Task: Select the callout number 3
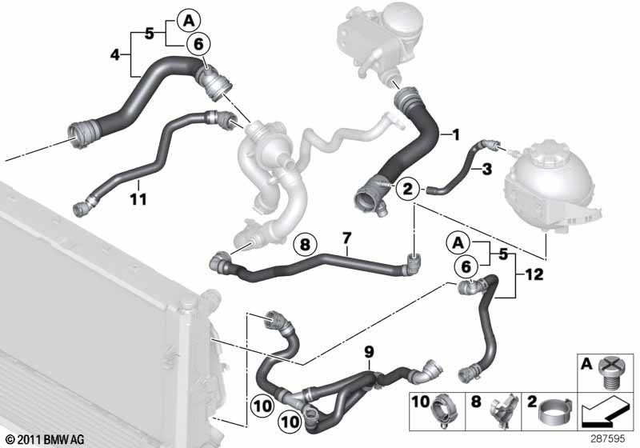487,169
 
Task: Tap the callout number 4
115,54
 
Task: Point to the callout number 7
346,238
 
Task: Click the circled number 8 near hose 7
306,245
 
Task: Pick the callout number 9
369,352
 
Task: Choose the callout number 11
138,199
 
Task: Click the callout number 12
534,274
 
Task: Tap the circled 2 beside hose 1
408,189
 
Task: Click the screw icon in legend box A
609,371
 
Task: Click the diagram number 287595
608,439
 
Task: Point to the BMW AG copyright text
46,440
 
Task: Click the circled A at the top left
189,20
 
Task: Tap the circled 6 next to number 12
466,267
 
